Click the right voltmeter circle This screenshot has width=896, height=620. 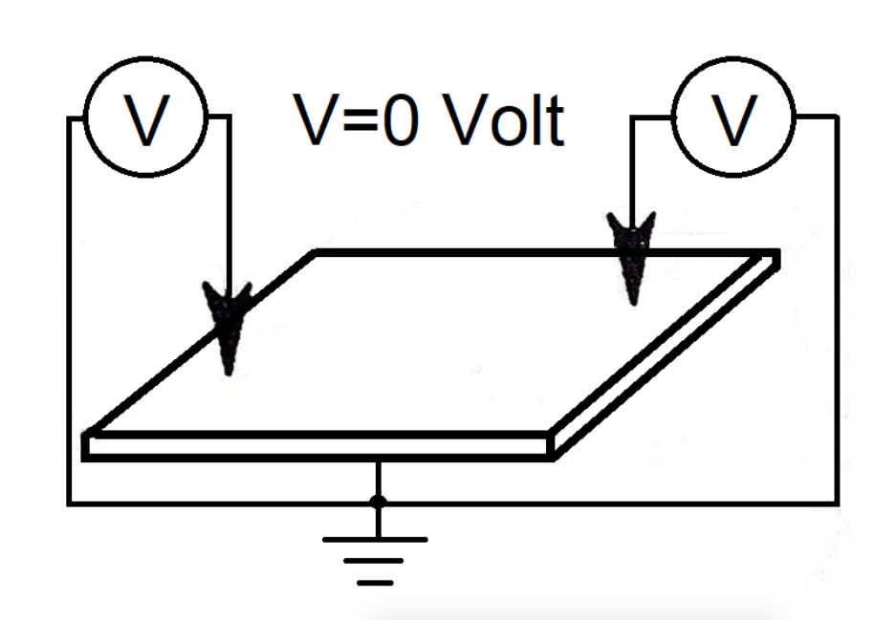[733, 121]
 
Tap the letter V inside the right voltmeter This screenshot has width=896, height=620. [733, 121]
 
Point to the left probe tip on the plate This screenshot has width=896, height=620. [227, 368]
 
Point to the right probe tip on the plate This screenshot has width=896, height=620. [632, 298]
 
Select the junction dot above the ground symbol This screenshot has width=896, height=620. [378, 501]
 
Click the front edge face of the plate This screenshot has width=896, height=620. [316, 446]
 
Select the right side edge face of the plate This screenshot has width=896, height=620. [669, 353]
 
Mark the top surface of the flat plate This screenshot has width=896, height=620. [430, 344]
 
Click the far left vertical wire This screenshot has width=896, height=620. [69, 315]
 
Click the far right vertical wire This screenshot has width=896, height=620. [838, 315]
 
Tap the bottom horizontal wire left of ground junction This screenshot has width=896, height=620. [220, 502]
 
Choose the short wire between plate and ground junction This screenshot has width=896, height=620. [378, 478]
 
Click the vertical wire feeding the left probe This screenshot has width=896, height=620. [228, 201]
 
